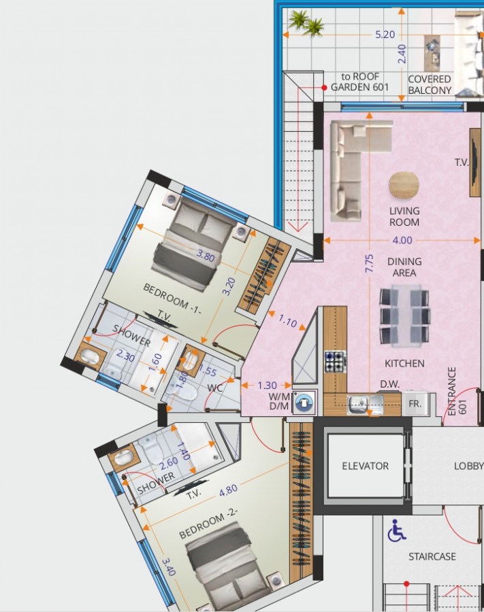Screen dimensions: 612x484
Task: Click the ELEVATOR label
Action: point(365,466)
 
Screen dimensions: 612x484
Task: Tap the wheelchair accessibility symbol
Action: point(396,530)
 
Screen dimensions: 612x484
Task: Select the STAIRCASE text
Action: point(432,556)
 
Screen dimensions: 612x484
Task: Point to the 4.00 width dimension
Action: point(402,240)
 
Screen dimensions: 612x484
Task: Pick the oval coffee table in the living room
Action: point(404,184)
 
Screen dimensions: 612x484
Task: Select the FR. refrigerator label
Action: point(415,403)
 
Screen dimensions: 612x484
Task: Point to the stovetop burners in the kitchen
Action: point(335,361)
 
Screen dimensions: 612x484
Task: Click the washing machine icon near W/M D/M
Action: point(307,403)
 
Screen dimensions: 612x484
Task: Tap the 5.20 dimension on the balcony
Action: point(385,35)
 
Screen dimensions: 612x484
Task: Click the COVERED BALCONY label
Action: point(430,84)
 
